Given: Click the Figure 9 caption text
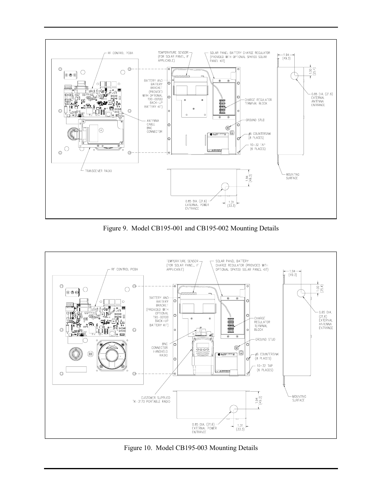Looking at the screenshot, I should coord(191,228).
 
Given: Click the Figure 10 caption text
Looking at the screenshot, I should coord(190,448).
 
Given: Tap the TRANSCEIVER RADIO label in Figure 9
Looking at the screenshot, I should coord(99,171).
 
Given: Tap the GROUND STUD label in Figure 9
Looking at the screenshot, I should coord(255,120).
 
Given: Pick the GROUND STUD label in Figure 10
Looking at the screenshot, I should coord(265,340).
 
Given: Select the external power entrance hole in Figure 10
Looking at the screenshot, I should coord(232,408).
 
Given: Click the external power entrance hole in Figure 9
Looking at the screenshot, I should coord(224,187).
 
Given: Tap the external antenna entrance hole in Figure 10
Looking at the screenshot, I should coord(301,293).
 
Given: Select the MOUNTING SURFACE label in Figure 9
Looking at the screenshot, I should coord(292,176).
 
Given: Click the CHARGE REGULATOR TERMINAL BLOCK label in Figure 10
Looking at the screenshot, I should coord(262,324).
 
